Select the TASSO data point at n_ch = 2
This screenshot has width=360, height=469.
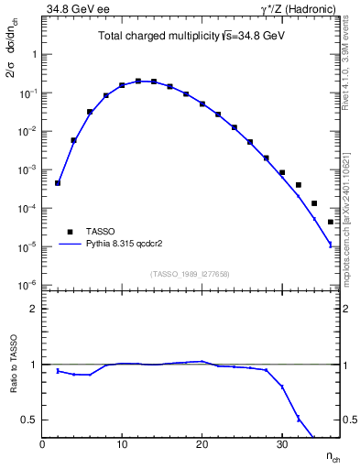coord(58,183)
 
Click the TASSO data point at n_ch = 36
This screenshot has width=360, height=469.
coord(331,222)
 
